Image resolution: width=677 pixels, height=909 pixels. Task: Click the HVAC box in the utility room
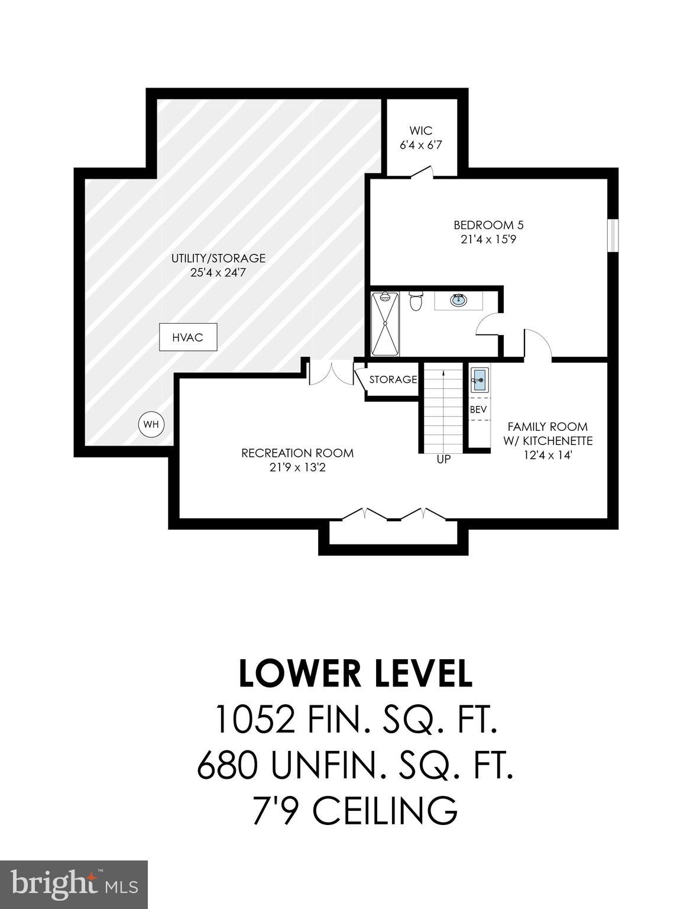(188, 337)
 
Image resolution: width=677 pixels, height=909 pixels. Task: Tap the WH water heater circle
(151, 424)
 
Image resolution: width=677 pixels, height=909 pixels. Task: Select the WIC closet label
(420, 131)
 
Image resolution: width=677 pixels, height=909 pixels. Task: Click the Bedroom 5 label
(488, 225)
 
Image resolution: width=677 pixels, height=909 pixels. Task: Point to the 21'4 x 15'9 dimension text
(488, 240)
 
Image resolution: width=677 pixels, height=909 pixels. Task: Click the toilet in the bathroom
(416, 301)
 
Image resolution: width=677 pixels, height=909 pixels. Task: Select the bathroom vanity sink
(458, 300)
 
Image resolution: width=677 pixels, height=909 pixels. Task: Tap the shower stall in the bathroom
(385, 324)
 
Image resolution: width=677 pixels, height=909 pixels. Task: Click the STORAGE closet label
(393, 379)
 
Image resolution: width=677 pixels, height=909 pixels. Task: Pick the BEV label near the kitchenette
(478, 410)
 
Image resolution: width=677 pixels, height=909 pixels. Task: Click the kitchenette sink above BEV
(479, 379)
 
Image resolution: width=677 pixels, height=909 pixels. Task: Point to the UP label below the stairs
(443, 459)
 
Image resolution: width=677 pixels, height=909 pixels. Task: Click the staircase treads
(443, 408)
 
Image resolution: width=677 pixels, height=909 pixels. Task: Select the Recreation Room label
(297, 453)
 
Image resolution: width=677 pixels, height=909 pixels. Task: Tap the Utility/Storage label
(218, 258)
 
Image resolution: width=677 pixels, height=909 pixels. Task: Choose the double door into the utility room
(331, 373)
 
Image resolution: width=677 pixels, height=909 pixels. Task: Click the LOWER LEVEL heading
(355, 673)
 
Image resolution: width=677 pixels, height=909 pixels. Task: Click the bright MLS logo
(74, 885)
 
